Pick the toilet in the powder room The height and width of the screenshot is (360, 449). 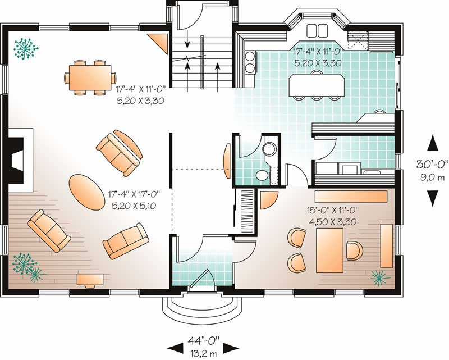262,175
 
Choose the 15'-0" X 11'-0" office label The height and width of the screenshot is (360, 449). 333,211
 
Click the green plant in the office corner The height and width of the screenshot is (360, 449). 380,277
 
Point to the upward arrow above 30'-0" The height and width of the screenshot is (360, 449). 433,144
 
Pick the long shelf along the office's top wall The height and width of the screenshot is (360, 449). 351,195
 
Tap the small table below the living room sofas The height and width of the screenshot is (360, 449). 90,279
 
